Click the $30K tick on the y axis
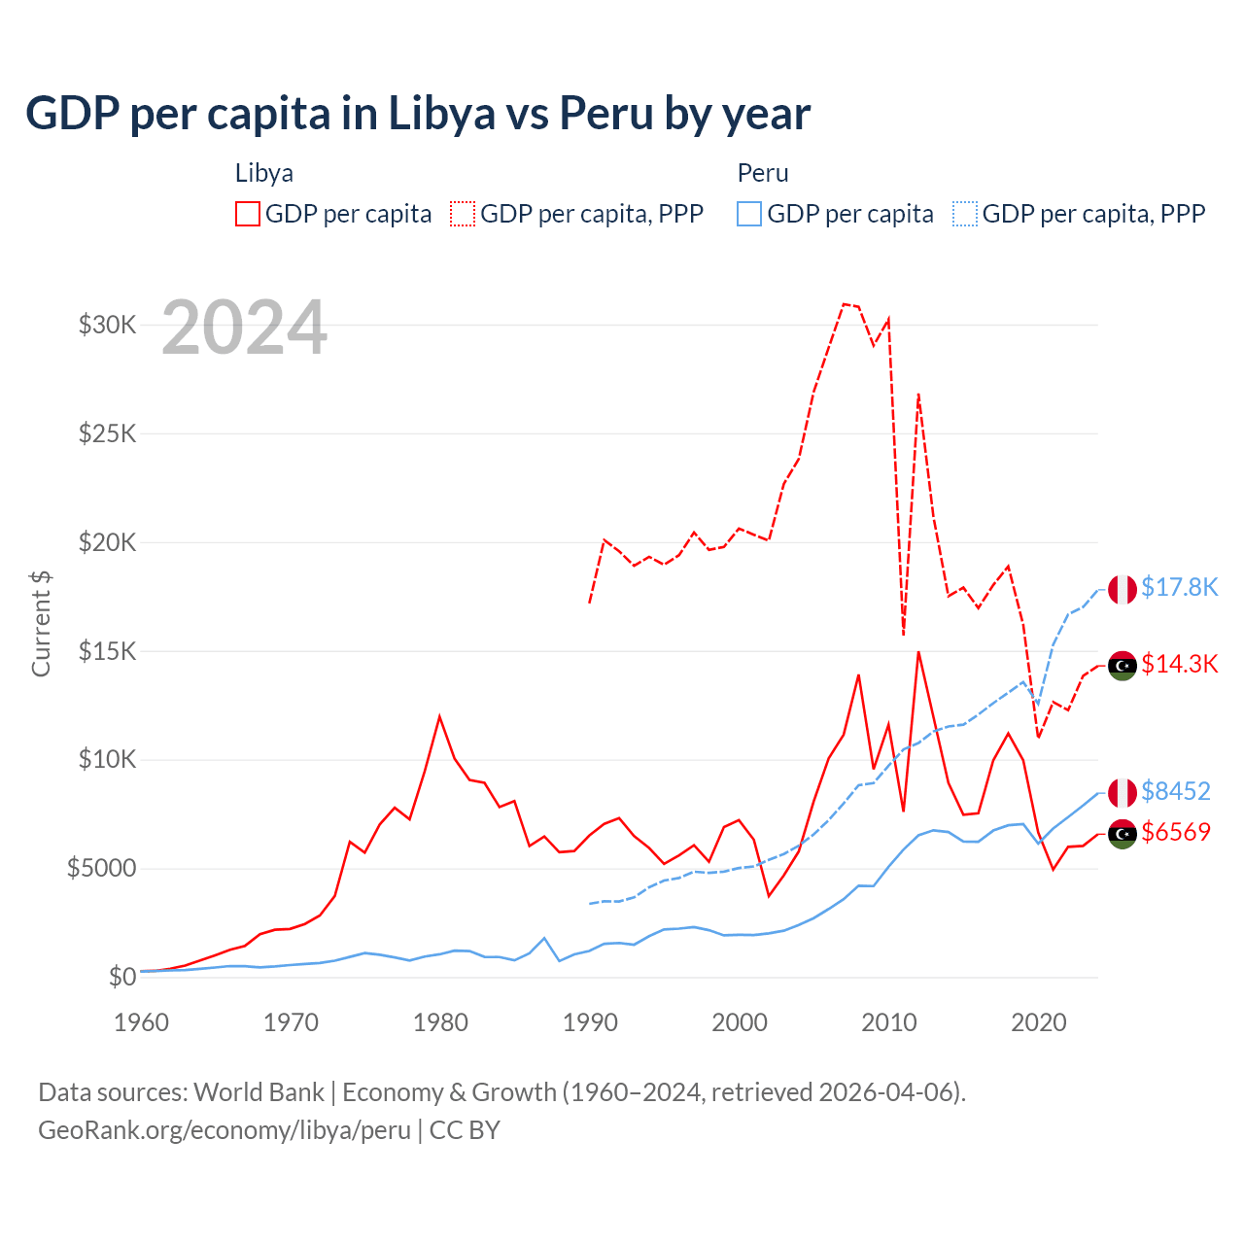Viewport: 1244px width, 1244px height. [x=107, y=325]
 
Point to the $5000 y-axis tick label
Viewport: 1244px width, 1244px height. [x=101, y=868]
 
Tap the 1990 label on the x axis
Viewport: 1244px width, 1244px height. [x=590, y=1022]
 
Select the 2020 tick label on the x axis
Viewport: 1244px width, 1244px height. [x=1039, y=1022]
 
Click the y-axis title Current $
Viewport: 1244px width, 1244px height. [x=41, y=623]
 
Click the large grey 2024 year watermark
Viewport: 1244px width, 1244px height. [x=244, y=328]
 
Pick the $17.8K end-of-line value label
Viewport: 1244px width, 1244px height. [x=1179, y=587]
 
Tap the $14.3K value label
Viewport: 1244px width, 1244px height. [x=1179, y=664]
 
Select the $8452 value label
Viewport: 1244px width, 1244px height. [x=1175, y=791]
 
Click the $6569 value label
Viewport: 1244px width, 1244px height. [x=1175, y=832]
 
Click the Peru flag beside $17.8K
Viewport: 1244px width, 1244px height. [x=1123, y=589]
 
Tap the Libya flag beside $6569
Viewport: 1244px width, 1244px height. [x=1123, y=834]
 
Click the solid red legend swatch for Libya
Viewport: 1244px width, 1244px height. [x=248, y=214]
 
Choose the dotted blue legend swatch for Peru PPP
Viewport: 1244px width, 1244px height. [x=965, y=214]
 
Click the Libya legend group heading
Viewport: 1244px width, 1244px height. [x=264, y=173]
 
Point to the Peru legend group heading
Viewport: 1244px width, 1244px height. [x=763, y=173]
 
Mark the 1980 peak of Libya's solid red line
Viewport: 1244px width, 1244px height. [x=439, y=716]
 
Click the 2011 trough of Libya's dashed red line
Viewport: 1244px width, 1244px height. [x=904, y=635]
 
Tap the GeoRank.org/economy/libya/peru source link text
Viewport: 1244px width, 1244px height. [x=225, y=1130]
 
